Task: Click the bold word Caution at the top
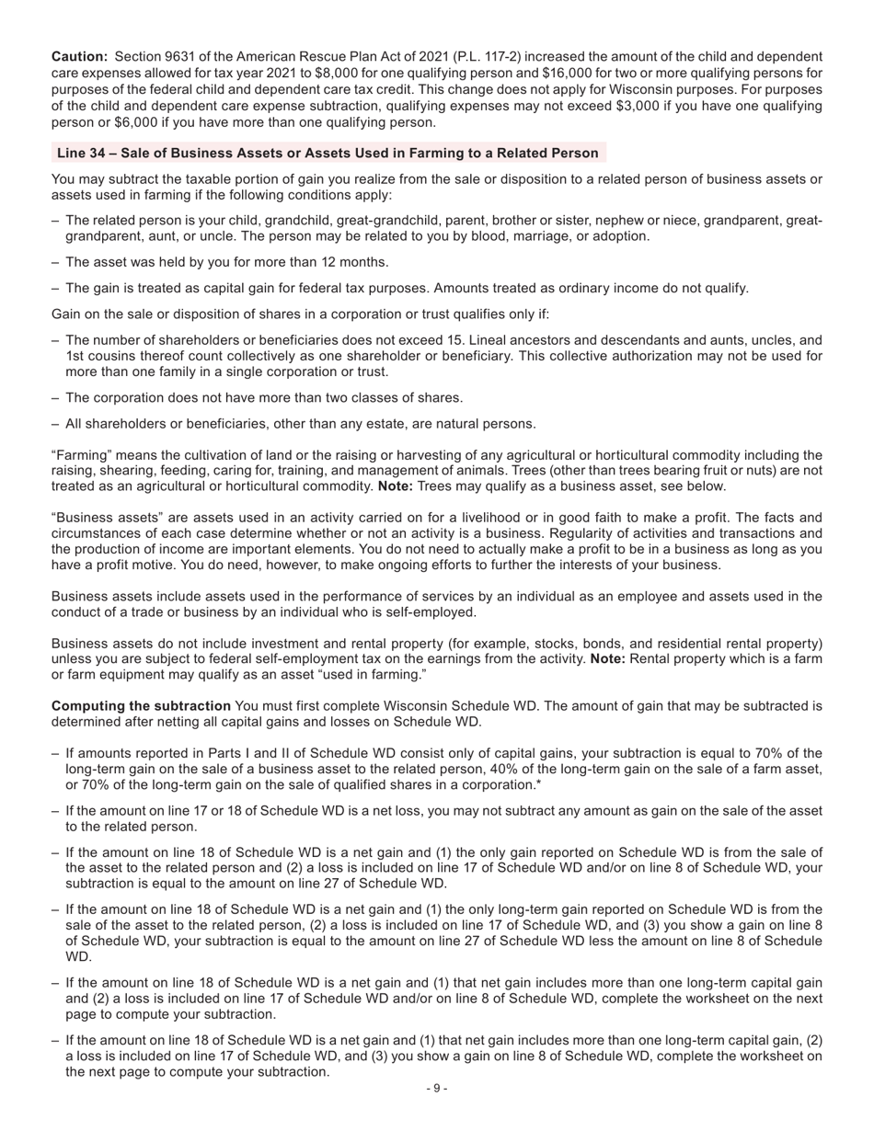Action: click(79, 56)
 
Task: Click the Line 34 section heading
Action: click(328, 153)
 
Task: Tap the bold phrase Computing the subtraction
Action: click(141, 706)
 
